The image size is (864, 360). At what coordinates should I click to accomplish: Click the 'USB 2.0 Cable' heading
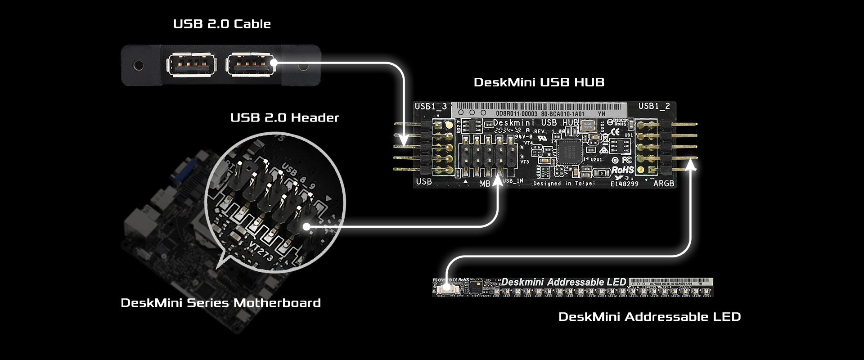pyautogui.click(x=222, y=24)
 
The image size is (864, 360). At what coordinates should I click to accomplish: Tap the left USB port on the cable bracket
pyautogui.click(x=191, y=64)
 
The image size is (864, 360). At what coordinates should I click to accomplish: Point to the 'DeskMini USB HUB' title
pyautogui.click(x=539, y=82)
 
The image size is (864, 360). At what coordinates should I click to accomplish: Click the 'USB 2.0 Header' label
pyautogui.click(x=284, y=118)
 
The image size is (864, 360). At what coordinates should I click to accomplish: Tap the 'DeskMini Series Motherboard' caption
pyautogui.click(x=220, y=302)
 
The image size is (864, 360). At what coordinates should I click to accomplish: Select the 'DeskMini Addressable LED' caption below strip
pyautogui.click(x=649, y=317)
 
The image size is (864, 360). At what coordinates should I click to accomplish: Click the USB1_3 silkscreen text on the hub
pyautogui.click(x=431, y=107)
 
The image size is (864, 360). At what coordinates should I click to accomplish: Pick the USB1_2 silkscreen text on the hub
pyautogui.click(x=654, y=106)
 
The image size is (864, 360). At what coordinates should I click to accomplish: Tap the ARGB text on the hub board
pyautogui.click(x=663, y=184)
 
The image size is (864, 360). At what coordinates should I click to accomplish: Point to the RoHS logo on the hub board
pyautogui.click(x=622, y=170)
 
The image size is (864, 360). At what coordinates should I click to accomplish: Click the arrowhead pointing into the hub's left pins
pyautogui.click(x=404, y=137)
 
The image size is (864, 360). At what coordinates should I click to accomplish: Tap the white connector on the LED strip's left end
pyautogui.click(x=446, y=288)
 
